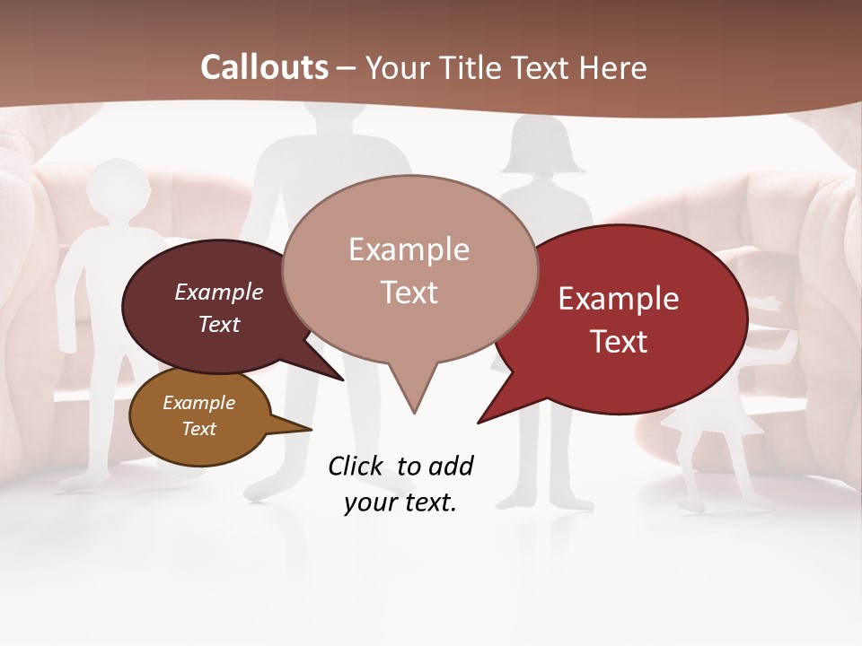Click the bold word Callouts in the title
point(264,68)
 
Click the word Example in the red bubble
point(619,299)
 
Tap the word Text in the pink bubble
point(409,292)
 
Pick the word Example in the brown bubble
point(198,403)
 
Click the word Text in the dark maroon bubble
point(219,324)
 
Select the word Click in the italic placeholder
point(356,466)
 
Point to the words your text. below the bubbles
point(400,502)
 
